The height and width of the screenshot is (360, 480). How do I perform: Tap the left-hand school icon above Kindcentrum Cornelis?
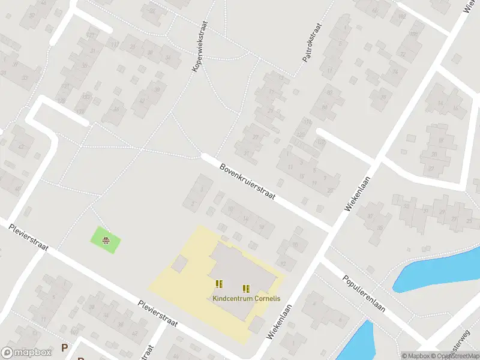coord(219,283)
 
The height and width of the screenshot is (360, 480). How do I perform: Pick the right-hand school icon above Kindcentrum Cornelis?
coord(246,288)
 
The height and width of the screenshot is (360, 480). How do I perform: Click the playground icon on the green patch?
coord(106,241)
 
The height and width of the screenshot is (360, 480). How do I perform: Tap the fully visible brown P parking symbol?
coord(64,348)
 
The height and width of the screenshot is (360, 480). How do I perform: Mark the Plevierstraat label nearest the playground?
coord(28,236)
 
